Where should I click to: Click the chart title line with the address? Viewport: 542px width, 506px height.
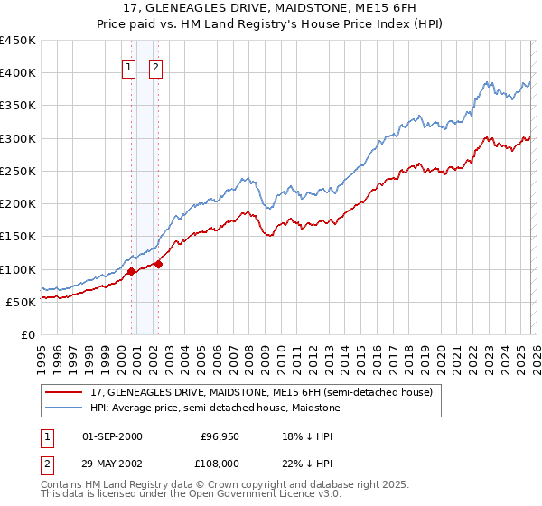click(x=271, y=9)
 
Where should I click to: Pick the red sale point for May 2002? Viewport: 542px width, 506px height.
click(x=158, y=264)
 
